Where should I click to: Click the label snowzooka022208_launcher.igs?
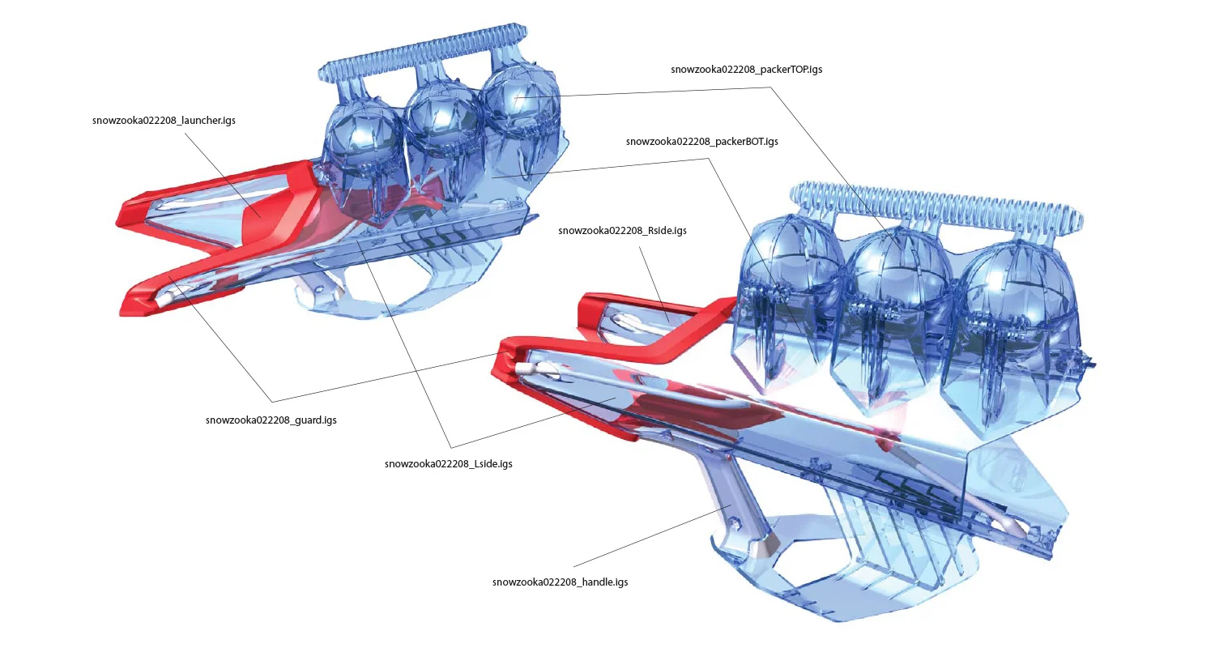(164, 121)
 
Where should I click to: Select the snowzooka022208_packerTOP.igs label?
(746, 70)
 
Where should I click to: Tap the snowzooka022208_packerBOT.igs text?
(702, 142)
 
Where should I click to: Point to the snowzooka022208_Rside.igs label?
(622, 231)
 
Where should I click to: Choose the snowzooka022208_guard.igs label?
(271, 420)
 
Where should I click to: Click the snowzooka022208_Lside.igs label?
(448, 463)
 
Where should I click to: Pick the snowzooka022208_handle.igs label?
(560, 582)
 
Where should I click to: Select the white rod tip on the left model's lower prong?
(164, 298)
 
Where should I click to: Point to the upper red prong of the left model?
(217, 194)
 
